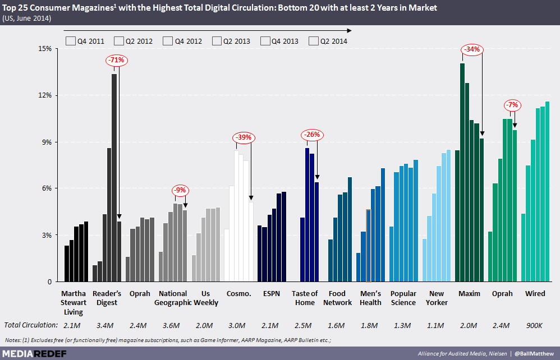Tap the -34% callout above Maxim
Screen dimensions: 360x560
[x=472, y=49]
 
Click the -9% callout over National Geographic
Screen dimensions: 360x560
[x=180, y=190]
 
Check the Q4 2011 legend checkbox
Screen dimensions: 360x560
[x=70, y=40]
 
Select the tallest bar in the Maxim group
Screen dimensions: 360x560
[x=462, y=168]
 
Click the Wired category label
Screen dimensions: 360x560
[x=535, y=294]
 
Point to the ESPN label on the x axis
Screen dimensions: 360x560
[x=272, y=294]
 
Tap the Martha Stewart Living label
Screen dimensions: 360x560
[x=75, y=303]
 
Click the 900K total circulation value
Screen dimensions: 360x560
[x=535, y=325]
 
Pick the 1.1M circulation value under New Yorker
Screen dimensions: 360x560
[x=437, y=325]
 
